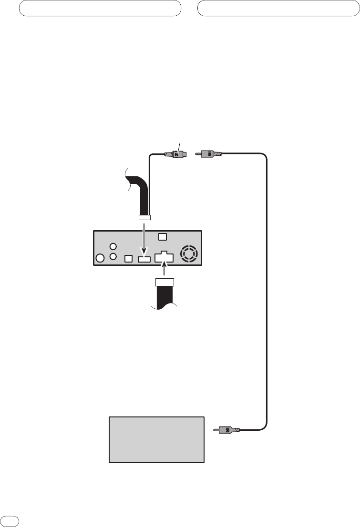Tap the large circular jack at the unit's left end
click(x=100, y=259)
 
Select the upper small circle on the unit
click(x=113, y=247)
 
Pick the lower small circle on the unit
click(x=113, y=256)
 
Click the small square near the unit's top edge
click(x=162, y=237)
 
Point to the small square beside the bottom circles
click(x=128, y=259)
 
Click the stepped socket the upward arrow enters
click(x=164, y=257)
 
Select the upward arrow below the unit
click(x=164, y=271)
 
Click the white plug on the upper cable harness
click(x=144, y=218)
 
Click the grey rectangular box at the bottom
click(x=157, y=439)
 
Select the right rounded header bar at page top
click(x=278, y=8)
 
